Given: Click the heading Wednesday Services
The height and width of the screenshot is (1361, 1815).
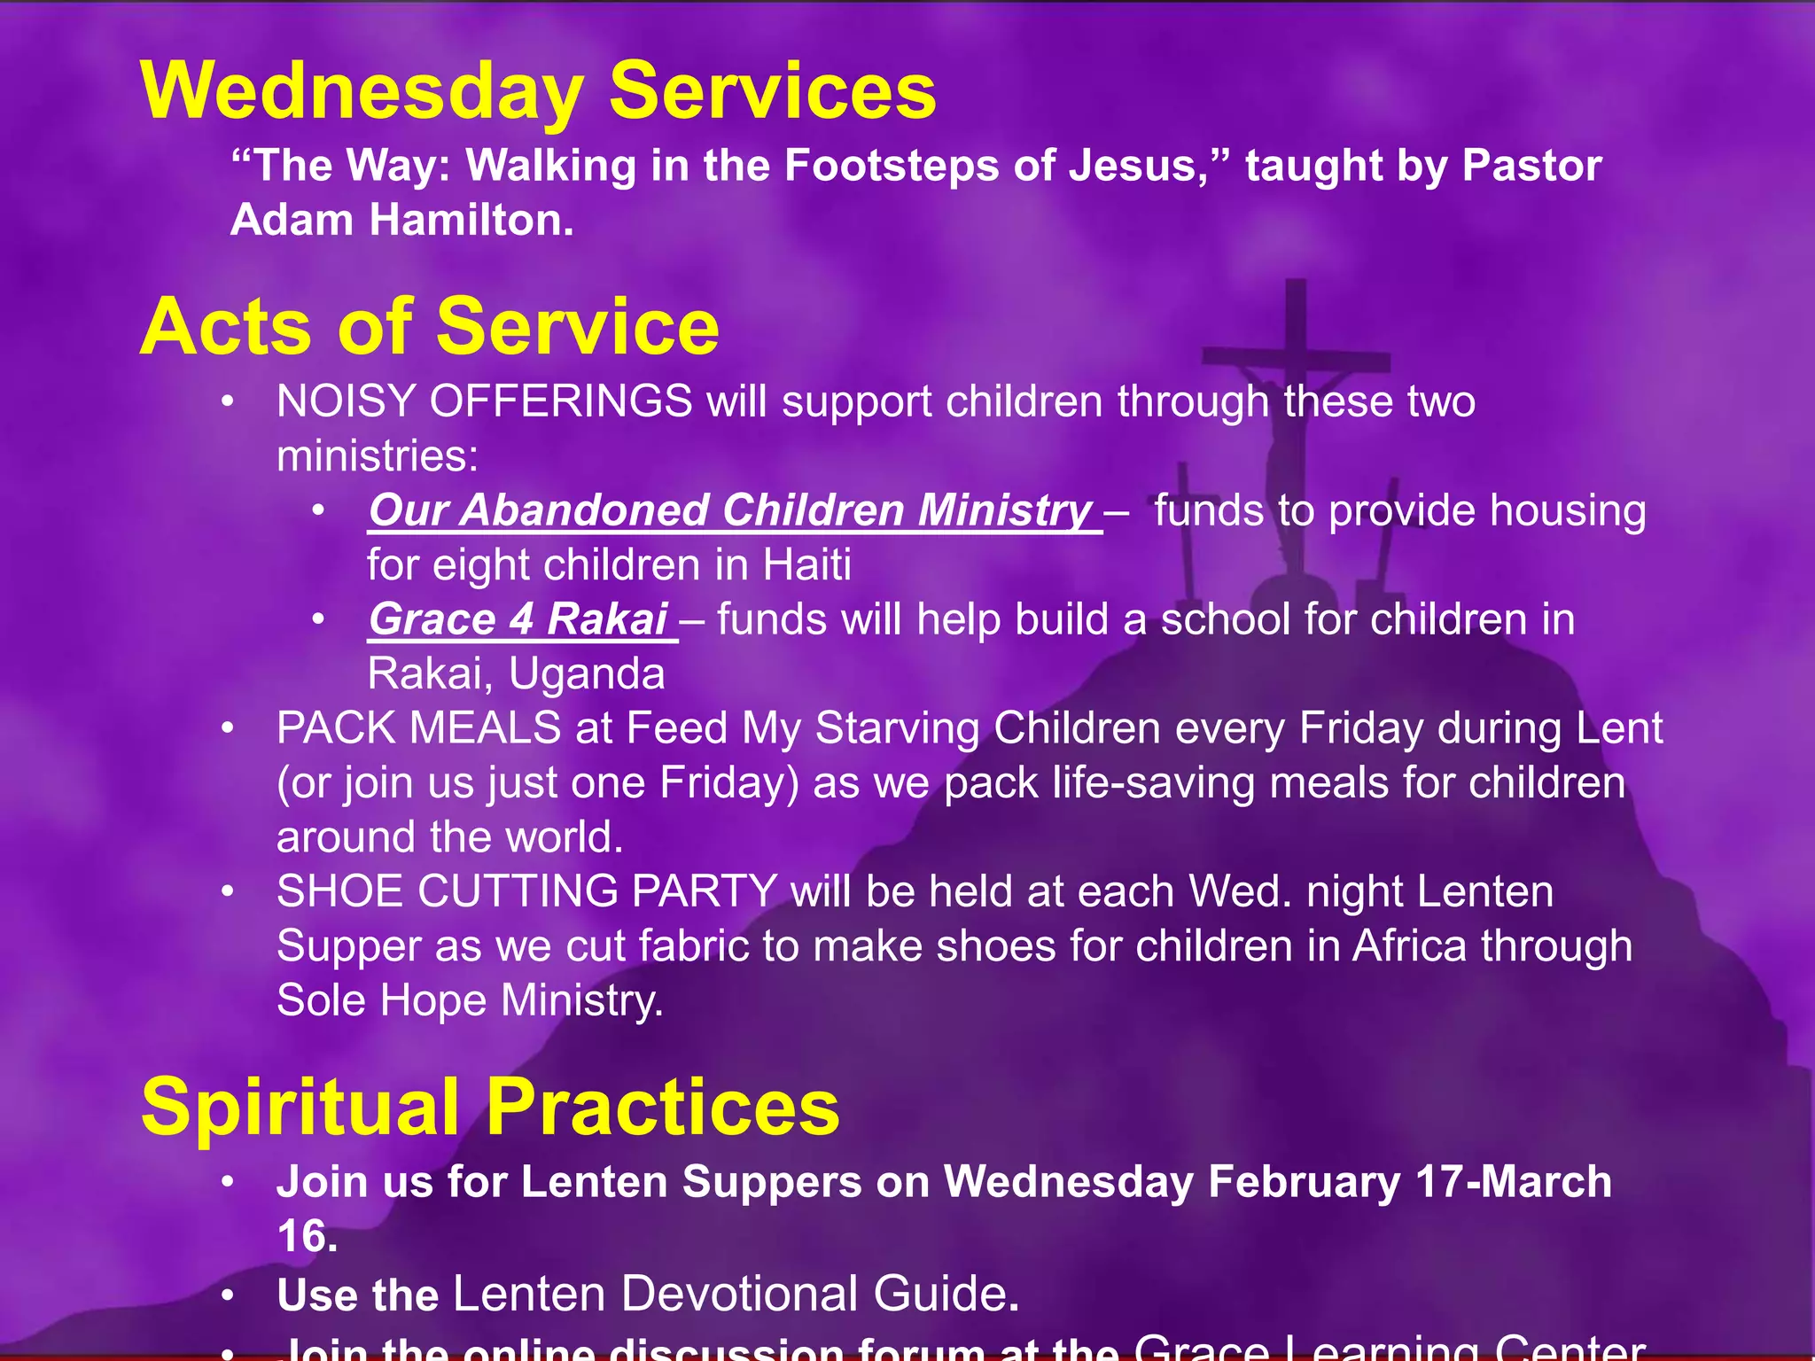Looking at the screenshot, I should [x=538, y=91].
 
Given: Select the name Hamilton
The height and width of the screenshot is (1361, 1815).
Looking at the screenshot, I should [x=471, y=220].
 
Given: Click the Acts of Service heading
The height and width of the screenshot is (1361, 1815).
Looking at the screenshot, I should [x=430, y=327].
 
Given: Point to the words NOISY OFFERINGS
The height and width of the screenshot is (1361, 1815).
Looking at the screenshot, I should [x=484, y=401].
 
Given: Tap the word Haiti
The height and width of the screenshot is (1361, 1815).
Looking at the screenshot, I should [x=806, y=565].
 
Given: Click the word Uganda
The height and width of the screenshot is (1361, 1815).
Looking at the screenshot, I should [x=587, y=674].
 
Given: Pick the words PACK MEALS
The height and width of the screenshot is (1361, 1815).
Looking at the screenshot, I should [x=418, y=728].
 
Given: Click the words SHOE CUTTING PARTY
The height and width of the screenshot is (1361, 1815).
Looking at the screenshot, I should [x=526, y=891].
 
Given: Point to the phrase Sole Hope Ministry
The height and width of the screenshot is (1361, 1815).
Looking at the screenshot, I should [x=470, y=1000].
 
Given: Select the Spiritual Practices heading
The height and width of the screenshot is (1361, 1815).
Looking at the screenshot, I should [x=490, y=1107].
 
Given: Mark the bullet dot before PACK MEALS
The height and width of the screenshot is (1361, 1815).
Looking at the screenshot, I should [x=228, y=728].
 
